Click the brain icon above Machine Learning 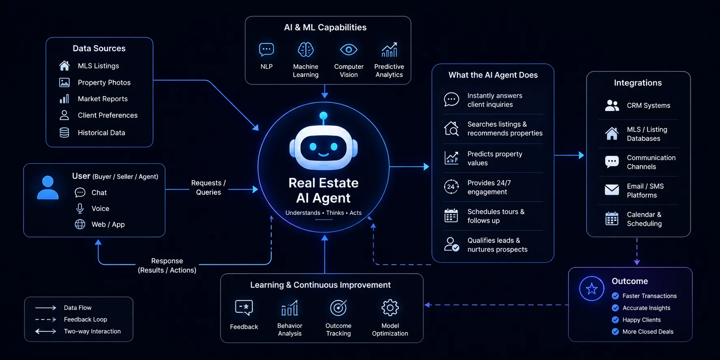(x=306, y=50)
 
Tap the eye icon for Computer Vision (x=349, y=50)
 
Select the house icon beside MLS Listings (x=64, y=65)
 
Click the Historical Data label (x=101, y=133)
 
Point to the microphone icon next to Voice (x=80, y=208)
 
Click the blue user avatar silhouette (x=48, y=188)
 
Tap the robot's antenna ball (x=323, y=116)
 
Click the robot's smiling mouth (x=323, y=154)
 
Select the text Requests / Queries (x=209, y=188)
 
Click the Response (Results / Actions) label (x=167, y=265)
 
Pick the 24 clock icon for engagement (x=451, y=187)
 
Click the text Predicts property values (x=495, y=158)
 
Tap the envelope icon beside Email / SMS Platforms (x=612, y=190)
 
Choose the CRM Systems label (x=649, y=106)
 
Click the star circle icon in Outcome (x=592, y=289)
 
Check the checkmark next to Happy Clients (x=615, y=320)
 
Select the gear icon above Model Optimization (x=390, y=308)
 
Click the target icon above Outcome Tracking (x=338, y=308)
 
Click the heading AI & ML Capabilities (x=325, y=28)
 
